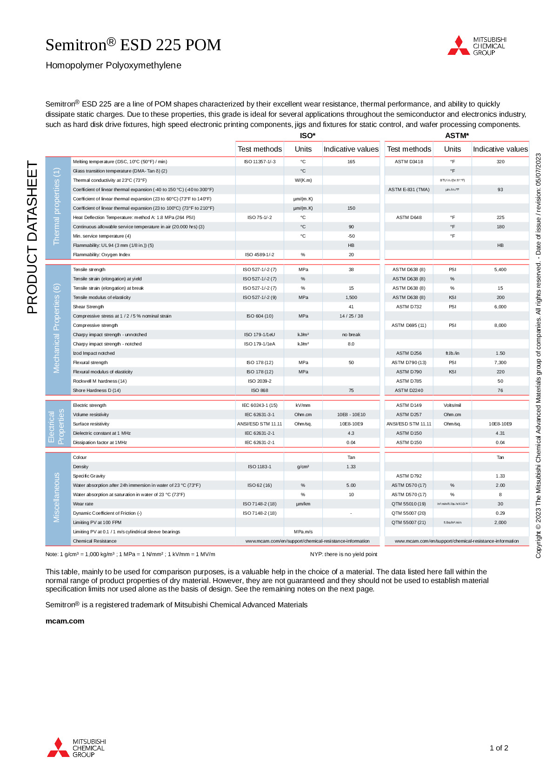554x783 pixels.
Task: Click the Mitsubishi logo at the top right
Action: pyautogui.click(x=477, y=46)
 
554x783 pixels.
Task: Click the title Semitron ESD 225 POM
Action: pyautogui.click(x=133, y=45)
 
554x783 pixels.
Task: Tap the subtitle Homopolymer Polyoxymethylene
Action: pyautogui.click(x=113, y=66)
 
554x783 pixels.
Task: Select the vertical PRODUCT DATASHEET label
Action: pyautogui.click(x=32, y=237)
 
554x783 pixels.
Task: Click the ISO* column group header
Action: pyautogui.click(x=307, y=135)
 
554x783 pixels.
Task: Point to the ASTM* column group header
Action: pyautogui.click(x=457, y=135)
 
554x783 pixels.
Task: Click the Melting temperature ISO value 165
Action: pyautogui.click(x=351, y=162)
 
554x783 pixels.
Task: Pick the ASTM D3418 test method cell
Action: pyautogui.click(x=409, y=162)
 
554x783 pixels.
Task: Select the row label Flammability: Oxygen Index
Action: pyautogui.click(x=101, y=255)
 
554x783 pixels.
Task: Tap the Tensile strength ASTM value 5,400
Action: pyautogui.click(x=500, y=270)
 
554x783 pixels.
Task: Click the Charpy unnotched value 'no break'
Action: pyautogui.click(x=351, y=335)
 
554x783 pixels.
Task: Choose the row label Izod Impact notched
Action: pyautogui.click(x=93, y=353)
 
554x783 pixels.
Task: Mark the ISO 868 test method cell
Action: pyautogui.click(x=260, y=391)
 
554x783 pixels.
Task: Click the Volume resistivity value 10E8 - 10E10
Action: pyautogui.click(x=351, y=415)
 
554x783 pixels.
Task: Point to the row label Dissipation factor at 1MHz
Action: pyautogui.click(x=100, y=443)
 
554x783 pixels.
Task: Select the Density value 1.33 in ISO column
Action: pyautogui.click(x=351, y=467)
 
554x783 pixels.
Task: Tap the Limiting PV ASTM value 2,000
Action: pyautogui.click(x=500, y=523)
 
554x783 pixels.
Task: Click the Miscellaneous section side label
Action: pyautogui.click(x=57, y=498)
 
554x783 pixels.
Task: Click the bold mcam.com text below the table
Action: pyautogui.click(x=65, y=621)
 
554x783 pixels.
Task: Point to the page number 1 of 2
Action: pyautogui.click(x=499, y=748)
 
